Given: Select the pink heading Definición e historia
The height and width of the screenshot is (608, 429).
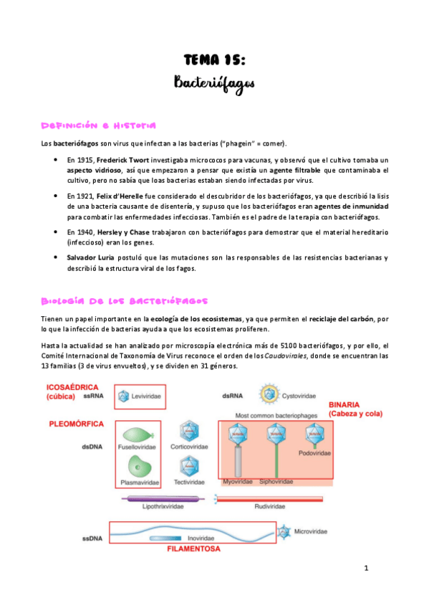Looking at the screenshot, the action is click(98, 126).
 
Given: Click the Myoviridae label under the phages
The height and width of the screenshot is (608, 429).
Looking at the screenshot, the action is click(238, 482).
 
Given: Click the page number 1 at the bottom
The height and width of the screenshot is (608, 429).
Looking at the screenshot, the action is click(365, 569).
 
